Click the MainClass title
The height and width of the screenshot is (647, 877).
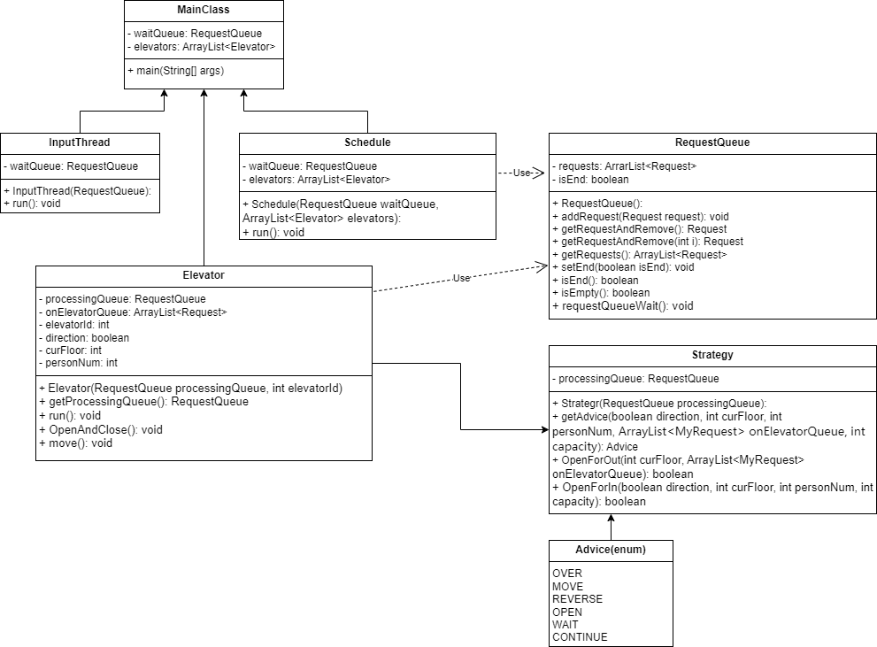click(x=203, y=10)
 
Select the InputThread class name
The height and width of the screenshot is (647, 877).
click(x=80, y=142)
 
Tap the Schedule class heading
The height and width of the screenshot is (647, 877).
click(x=367, y=142)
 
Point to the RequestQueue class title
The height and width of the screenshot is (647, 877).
click(x=712, y=142)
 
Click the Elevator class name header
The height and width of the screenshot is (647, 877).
click(x=204, y=275)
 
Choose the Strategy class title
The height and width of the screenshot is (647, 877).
click(x=712, y=355)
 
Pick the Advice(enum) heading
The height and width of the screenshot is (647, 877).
click(x=611, y=550)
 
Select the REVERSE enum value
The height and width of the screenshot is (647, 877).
click(x=577, y=599)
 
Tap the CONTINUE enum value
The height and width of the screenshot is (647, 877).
click(x=580, y=637)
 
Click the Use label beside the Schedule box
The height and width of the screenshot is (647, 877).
click(x=521, y=173)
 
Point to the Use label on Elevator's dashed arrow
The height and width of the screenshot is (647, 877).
click(x=461, y=278)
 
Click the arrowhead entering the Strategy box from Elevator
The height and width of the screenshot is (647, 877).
click(x=545, y=430)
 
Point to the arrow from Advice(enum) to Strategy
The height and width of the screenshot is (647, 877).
click(x=611, y=528)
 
